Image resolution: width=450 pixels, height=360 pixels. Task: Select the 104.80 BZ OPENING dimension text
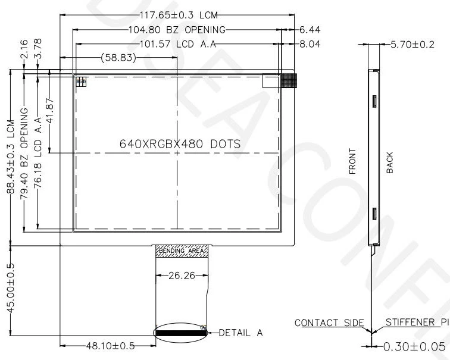point(177,30)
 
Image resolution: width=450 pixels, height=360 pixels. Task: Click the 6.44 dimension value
point(310,30)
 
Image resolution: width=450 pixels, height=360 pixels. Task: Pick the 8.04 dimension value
point(310,43)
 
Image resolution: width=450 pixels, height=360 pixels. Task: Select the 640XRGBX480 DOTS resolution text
point(180,144)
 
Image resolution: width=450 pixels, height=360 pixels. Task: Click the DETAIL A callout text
point(241,333)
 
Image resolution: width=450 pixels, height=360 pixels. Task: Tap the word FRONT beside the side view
point(352,161)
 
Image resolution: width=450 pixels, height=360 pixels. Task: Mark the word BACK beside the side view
point(390,162)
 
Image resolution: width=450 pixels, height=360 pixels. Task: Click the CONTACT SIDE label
point(329,323)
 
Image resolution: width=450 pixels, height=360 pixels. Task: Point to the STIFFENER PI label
point(416,323)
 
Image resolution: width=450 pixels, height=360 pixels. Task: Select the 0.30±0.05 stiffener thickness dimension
point(410,346)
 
